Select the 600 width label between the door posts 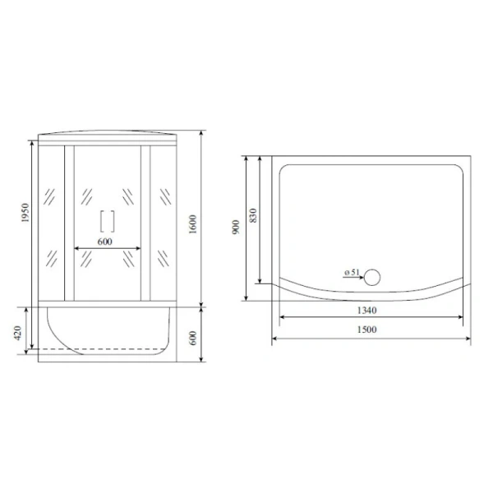pos(104,242)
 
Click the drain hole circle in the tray pos(374,277)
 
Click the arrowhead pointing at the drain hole pos(360,278)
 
